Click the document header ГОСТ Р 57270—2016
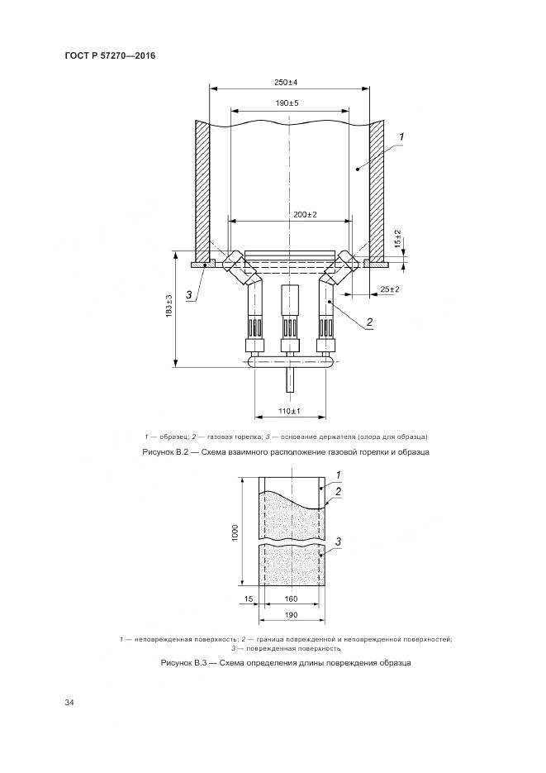click(110, 55)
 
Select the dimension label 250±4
click(286, 83)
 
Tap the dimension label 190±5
click(287, 103)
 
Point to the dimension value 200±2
click(305, 214)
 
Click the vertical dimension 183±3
click(169, 306)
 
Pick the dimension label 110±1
click(289, 411)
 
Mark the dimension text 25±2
click(389, 289)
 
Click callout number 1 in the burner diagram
click(401, 136)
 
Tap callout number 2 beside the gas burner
click(368, 322)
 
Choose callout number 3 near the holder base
click(188, 295)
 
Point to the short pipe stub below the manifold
click(289, 379)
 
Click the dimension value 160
click(291, 599)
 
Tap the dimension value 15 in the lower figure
click(249, 599)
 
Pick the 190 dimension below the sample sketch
click(291, 615)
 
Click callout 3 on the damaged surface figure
click(338, 542)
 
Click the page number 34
click(69, 702)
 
